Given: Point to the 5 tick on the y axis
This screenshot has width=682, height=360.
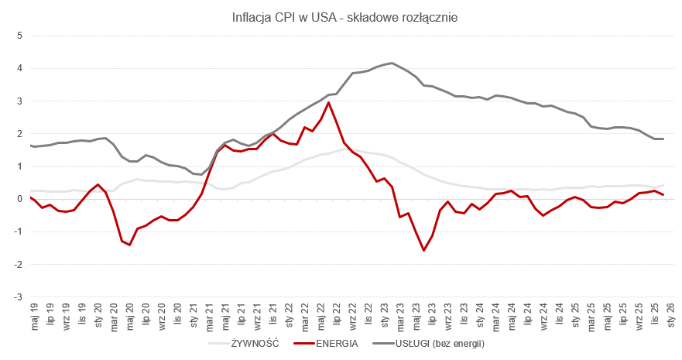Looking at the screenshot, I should pyautogui.click(x=20, y=36).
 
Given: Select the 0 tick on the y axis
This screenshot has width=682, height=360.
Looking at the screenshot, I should pyautogui.click(x=20, y=199).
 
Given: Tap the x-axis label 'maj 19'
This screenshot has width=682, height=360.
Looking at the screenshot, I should pyautogui.click(x=35, y=316).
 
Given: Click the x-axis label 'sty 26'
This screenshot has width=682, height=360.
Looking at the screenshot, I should pyautogui.click(x=670, y=316).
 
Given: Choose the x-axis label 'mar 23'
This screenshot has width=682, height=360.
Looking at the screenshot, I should pyautogui.click(x=400, y=316).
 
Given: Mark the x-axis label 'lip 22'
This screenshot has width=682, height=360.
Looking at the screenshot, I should pyautogui.click(x=337, y=316).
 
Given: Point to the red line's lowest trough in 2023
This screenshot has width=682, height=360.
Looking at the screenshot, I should pyautogui.click(x=424, y=250).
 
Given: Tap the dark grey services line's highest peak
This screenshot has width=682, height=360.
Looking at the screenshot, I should pyautogui.click(x=392, y=63).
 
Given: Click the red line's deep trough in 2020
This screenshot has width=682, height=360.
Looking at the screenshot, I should pyautogui.click(x=129, y=245).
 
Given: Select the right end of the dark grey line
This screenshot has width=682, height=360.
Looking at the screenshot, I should pyautogui.click(x=663, y=139).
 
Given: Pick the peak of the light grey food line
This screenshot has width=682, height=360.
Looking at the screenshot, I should pyautogui.click(x=343, y=149).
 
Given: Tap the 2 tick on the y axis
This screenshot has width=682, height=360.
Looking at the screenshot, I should pyautogui.click(x=20, y=133).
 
